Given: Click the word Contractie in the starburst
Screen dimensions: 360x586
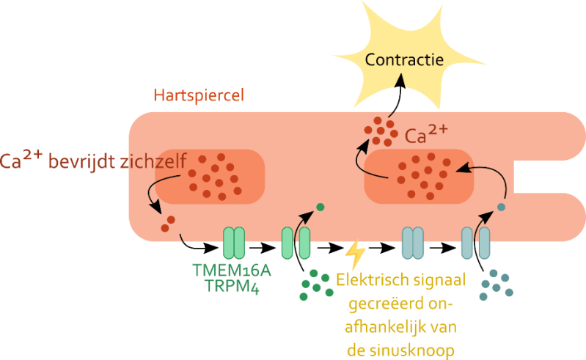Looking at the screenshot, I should [409, 59].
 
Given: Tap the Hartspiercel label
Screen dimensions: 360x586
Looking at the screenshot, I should [199, 96].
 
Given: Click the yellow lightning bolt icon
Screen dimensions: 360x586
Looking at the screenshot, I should [355, 255].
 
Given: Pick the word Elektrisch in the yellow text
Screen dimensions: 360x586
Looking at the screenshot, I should [366, 279].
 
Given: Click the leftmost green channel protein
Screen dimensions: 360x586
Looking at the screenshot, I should [233, 243].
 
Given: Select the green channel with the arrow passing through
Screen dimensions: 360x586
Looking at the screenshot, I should [296, 243].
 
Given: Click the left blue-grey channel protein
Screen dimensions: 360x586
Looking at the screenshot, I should [413, 243].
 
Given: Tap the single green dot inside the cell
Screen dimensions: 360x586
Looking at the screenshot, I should [320, 206].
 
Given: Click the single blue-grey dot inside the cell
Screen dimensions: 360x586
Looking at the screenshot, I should [502, 207].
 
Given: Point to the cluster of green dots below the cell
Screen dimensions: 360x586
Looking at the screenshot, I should [315, 284].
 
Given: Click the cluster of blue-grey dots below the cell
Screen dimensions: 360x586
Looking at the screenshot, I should [496, 284].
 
